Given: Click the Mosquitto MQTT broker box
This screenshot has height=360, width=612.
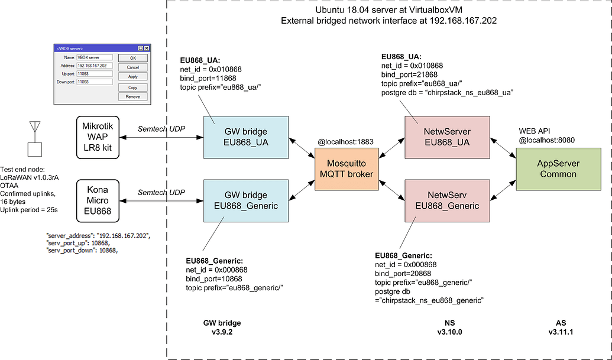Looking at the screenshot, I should point(348,169).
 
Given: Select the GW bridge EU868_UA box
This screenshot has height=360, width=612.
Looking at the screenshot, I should point(246,137).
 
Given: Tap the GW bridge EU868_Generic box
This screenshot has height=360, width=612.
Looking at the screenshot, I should point(246,200).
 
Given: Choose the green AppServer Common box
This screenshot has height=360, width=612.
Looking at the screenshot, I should point(554,169).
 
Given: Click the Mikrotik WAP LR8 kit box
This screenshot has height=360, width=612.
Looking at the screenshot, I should point(98,138).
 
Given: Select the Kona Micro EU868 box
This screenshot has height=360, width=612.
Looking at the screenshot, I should point(98,201).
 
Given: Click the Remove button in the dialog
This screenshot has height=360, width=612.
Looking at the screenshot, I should point(132,96).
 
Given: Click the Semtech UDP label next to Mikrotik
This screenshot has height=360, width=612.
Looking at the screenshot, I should point(161,129).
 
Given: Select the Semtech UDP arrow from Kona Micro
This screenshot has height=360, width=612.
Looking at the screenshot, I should point(161,202).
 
